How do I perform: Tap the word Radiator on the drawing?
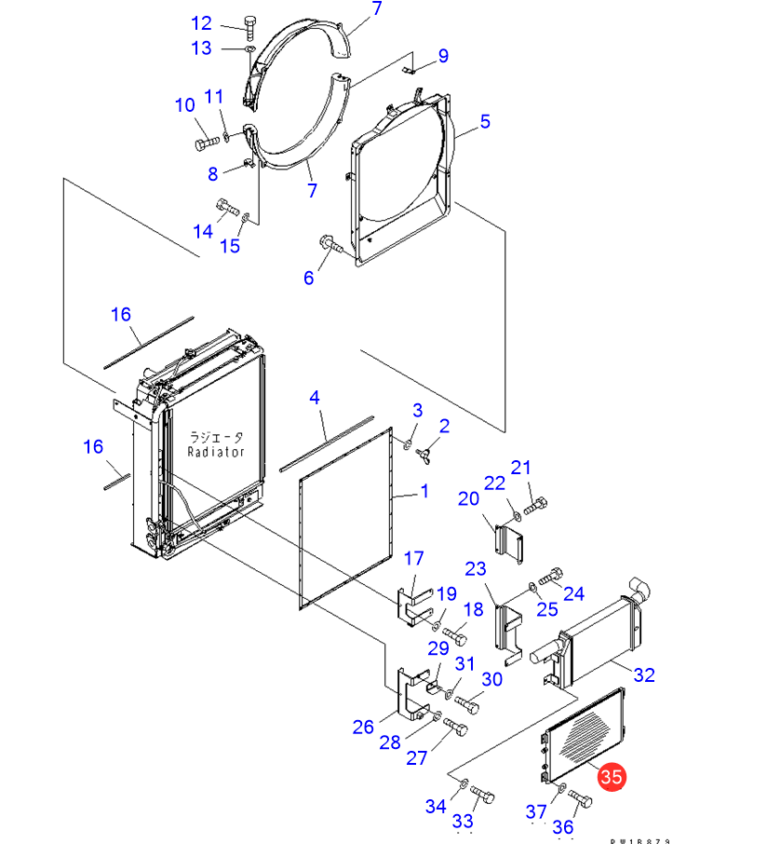pyautogui.click(x=215, y=452)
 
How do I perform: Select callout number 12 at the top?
pyautogui.click(x=201, y=23)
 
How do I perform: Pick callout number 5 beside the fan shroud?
pyautogui.click(x=485, y=121)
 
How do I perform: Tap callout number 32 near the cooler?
pyautogui.click(x=644, y=674)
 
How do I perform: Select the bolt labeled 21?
pyautogui.click(x=536, y=507)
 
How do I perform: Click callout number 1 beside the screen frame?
pyautogui.click(x=424, y=491)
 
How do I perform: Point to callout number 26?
pyautogui.click(x=363, y=727)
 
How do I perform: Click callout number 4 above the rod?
pyautogui.click(x=315, y=398)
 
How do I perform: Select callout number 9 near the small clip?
pyautogui.click(x=443, y=56)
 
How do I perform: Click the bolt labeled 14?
pyautogui.click(x=227, y=206)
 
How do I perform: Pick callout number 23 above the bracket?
pyautogui.click(x=476, y=568)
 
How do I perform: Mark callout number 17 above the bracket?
pyautogui.click(x=413, y=558)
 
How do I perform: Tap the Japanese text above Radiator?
pyautogui.click(x=215, y=436)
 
